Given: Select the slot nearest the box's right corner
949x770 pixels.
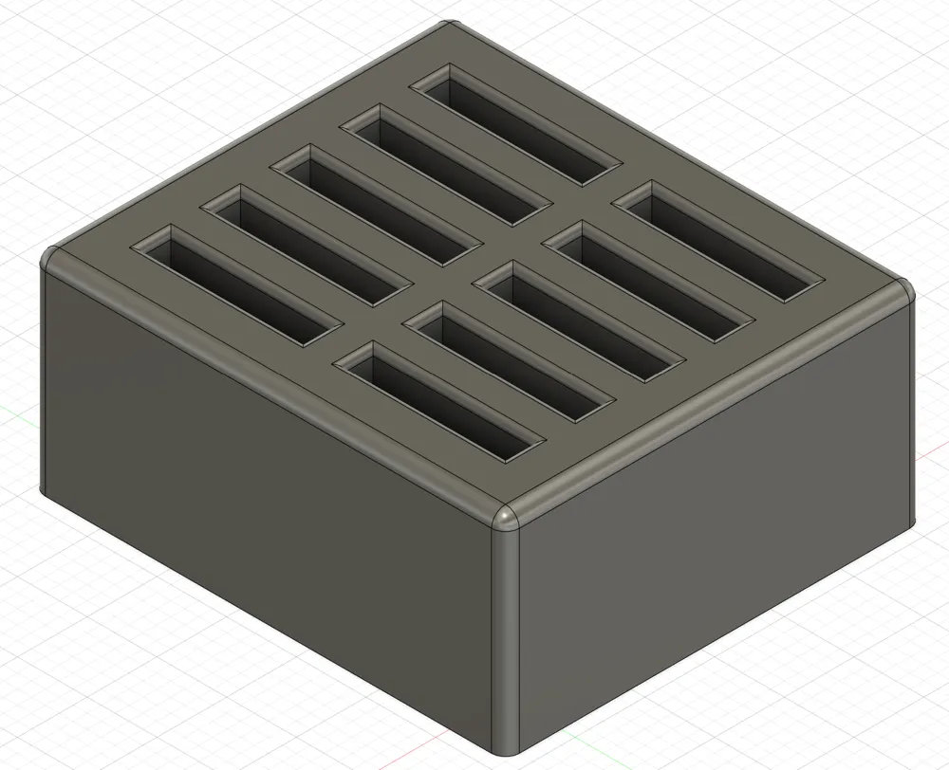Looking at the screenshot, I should coord(716,241).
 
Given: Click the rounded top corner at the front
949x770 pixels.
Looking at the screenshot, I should coord(507,518).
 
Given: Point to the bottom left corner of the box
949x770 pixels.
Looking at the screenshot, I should coord(42,487).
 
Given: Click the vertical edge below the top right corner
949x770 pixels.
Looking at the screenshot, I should coord(912,408).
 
